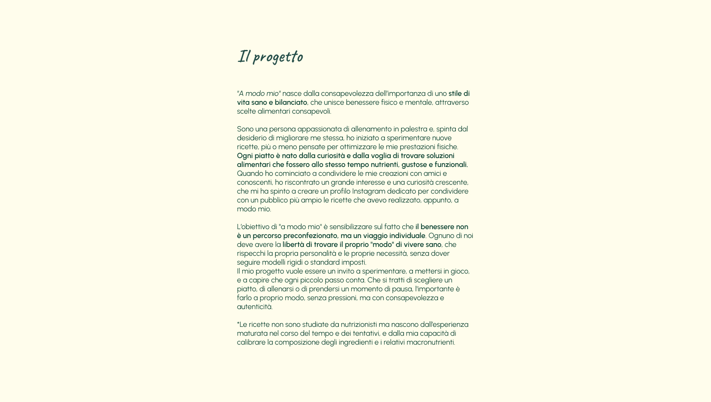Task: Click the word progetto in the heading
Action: tap(278, 57)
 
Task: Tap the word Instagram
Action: tap(368, 191)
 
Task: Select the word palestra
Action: tap(414, 129)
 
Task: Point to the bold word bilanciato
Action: tap(291, 103)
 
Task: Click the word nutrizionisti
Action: tap(358, 325)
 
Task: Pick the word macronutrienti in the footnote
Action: tap(430, 342)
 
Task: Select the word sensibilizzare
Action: tap(351, 227)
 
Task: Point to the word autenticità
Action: tap(254, 307)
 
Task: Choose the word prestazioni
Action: tap(417, 147)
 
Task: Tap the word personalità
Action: tap(318, 254)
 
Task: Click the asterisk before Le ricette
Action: tap(238, 324)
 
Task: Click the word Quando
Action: tap(250, 174)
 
